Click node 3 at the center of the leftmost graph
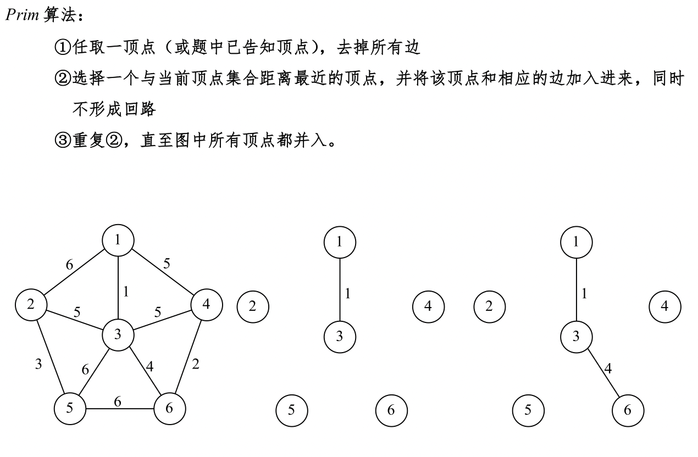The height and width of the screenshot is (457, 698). pos(118,333)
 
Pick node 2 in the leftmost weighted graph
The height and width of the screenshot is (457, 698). pos(31,304)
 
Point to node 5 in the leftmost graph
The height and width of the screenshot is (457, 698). pos(70,408)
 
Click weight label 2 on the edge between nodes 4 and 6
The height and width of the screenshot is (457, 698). pos(195,364)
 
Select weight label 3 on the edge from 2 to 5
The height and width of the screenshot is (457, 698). pos(38,364)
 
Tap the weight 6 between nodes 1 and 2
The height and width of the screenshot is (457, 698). pos(69,265)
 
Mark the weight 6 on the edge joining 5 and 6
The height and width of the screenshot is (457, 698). pos(118,402)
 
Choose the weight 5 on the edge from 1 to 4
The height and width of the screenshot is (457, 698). pos(167,264)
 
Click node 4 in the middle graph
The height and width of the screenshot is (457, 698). pos(428,305)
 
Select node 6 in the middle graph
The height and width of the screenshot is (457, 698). pos(391,410)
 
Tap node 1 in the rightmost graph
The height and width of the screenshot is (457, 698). pos(576,242)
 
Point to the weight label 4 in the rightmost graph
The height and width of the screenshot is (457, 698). pos(608,369)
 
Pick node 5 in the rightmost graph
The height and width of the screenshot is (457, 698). pos(528,410)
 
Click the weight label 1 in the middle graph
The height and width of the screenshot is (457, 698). pos(347,294)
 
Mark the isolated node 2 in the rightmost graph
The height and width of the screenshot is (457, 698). pos(489,305)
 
